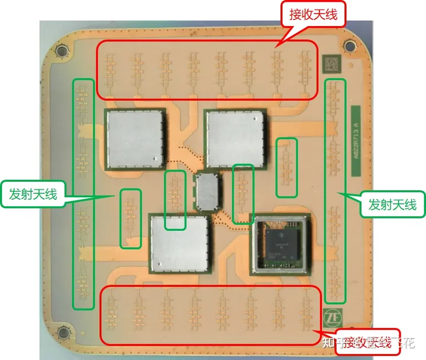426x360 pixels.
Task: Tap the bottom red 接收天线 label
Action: click(367, 342)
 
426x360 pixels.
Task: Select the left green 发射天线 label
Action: click(33, 193)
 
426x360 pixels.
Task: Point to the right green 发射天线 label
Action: click(392, 204)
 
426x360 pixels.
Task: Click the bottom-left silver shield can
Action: click(179, 242)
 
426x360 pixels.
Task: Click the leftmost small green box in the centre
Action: click(131, 218)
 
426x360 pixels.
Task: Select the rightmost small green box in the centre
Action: click(287, 168)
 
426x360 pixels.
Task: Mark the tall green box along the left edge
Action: click(83, 194)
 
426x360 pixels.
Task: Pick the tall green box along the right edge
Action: click(335, 189)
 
